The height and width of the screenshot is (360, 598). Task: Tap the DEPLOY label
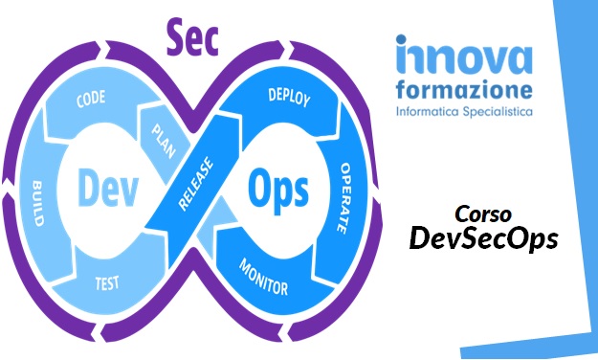(290, 97)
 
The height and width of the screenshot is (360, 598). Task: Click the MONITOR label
(263, 277)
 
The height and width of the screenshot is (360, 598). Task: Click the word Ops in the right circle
(278, 190)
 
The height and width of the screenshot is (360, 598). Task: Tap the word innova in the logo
(463, 58)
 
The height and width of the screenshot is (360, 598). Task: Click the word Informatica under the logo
(427, 113)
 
